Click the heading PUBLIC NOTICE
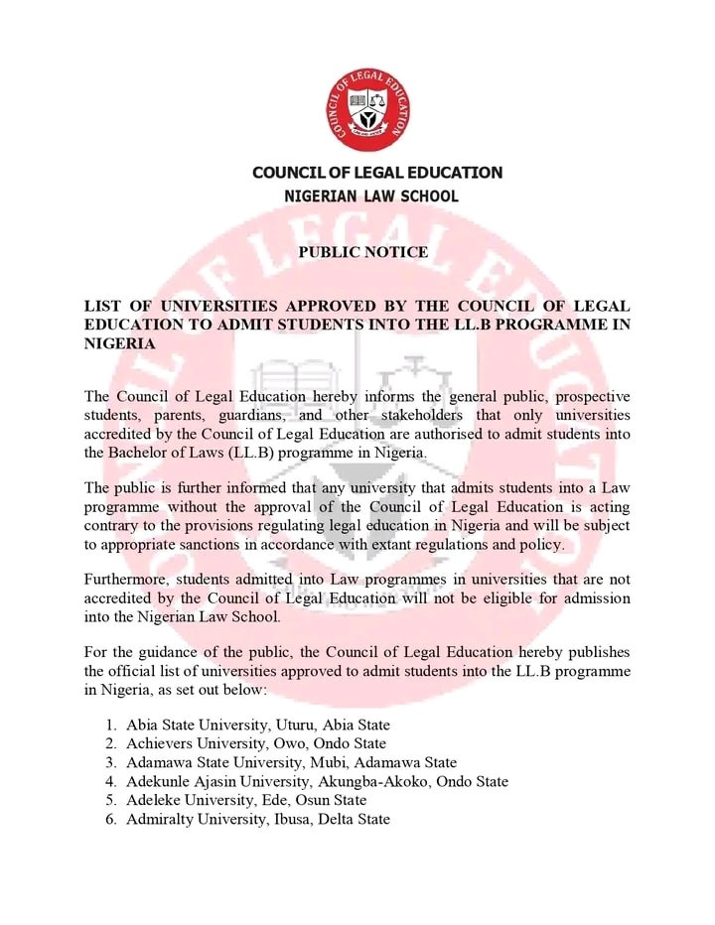coord(362,252)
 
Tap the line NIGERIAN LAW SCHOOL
coord(371,197)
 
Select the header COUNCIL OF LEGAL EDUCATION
coord(377,173)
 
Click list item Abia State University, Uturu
coord(257,725)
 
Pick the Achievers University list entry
coord(255,743)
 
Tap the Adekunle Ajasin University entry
coord(317,781)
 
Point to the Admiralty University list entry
coord(257,819)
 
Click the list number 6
coord(111,819)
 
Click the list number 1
coord(111,725)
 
